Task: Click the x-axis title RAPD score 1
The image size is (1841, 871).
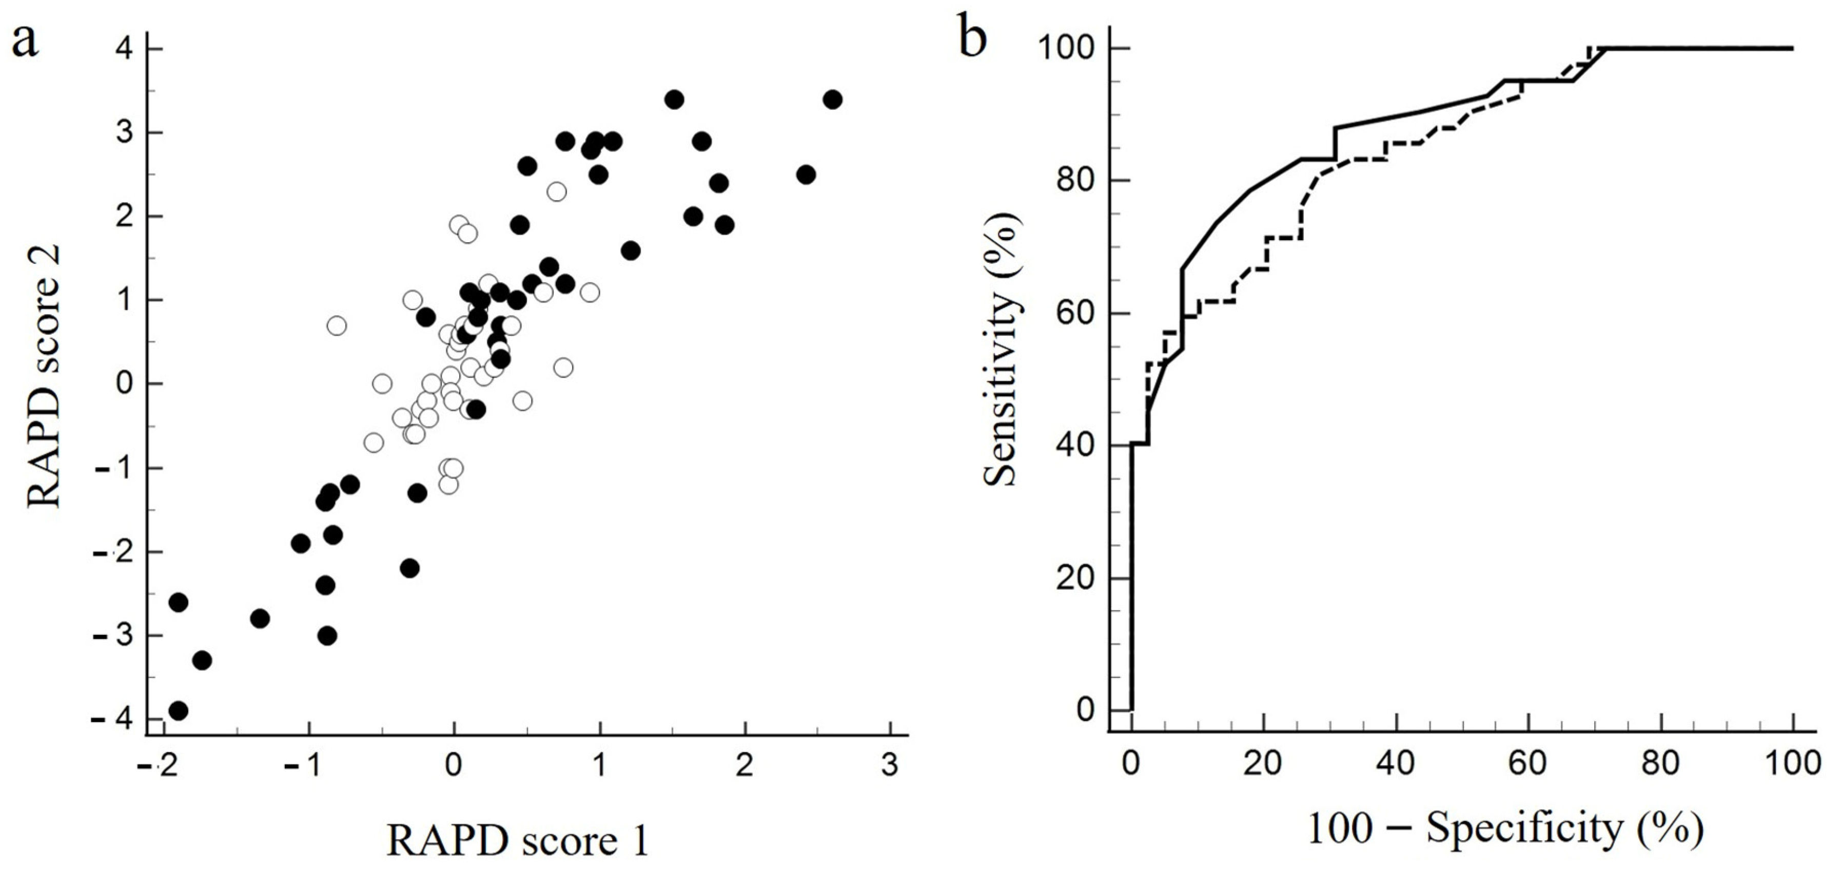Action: click(518, 841)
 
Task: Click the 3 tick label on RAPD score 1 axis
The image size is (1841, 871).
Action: click(889, 766)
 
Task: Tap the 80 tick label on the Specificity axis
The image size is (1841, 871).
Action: click(1659, 763)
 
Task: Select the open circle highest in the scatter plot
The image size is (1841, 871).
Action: click(557, 191)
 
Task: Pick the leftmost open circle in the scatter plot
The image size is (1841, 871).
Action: click(337, 325)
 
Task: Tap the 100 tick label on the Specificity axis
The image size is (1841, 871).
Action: click(1792, 763)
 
